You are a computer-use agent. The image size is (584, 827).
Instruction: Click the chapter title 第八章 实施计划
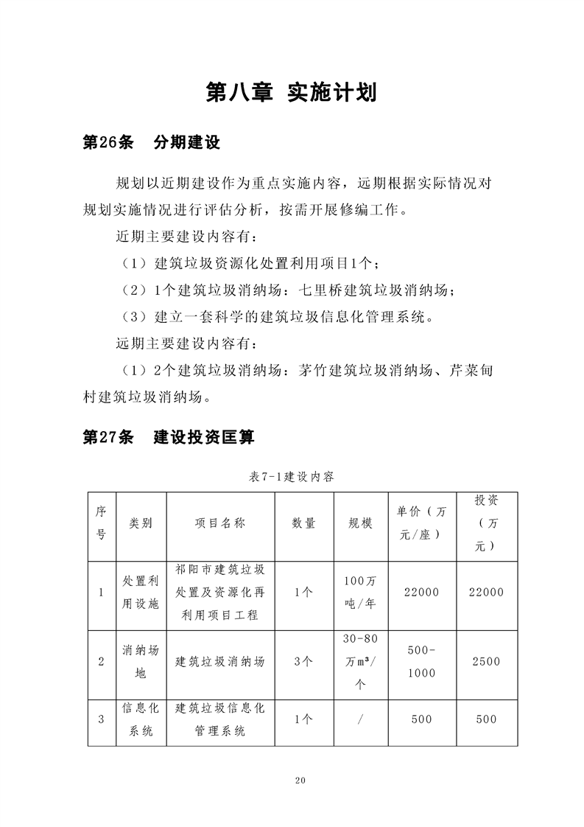[292, 93]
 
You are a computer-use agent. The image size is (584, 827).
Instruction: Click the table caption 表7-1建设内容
[292, 477]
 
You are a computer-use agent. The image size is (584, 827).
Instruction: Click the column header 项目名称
[220, 523]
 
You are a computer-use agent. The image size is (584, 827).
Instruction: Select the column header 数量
[303, 523]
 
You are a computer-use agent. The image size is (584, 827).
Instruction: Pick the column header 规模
[360, 523]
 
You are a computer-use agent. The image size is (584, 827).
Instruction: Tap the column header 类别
[141, 523]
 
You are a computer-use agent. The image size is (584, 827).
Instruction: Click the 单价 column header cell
[421, 523]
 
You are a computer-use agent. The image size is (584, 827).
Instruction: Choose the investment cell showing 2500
[486, 661]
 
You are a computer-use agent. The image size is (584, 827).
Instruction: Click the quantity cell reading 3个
[303, 661]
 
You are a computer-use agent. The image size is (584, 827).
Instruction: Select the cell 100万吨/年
[360, 592]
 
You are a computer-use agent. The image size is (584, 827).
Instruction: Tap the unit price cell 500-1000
[421, 661]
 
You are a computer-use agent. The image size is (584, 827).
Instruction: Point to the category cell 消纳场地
[141, 661]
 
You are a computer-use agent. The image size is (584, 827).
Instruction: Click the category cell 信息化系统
[141, 719]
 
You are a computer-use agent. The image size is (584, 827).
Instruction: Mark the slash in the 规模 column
[360, 719]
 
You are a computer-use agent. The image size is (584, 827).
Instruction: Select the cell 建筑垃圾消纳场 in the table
[220, 661]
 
